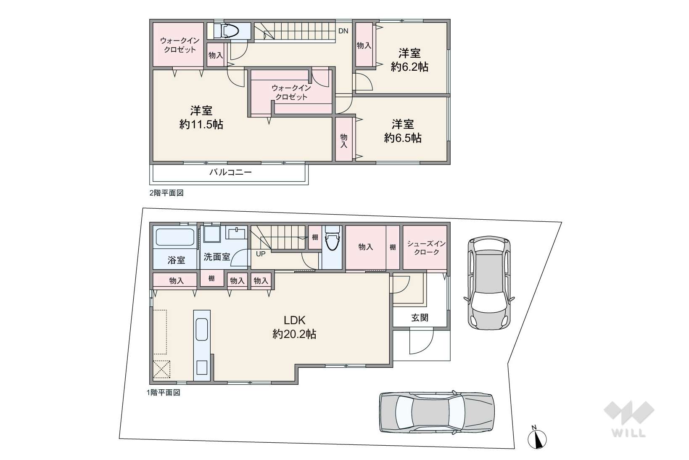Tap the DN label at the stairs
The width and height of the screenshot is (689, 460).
pos(343,31)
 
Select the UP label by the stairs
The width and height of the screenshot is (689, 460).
pos(261,254)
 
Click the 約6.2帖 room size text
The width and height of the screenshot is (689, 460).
pos(409,67)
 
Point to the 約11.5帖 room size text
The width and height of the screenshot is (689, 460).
pos(201,125)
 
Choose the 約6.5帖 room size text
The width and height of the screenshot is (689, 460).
pos(403,138)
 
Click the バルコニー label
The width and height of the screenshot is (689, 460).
pos(230,172)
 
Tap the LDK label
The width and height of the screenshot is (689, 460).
pos(294,320)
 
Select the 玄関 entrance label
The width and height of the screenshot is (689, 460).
pos(420,317)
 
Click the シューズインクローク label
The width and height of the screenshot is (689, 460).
pos(426,248)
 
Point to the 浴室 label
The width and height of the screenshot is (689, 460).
pos(176,260)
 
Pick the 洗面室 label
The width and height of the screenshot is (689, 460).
pos(216,257)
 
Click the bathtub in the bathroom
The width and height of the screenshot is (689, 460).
pos(175,237)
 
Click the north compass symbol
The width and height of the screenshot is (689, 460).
pos(537,438)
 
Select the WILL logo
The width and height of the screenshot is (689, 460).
pos(629,419)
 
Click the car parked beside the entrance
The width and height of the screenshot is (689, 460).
pos(489,283)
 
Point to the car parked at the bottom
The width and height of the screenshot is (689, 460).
pos(437,412)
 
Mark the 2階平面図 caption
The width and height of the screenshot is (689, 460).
pos(166,193)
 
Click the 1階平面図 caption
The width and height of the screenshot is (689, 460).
pos(164,393)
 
